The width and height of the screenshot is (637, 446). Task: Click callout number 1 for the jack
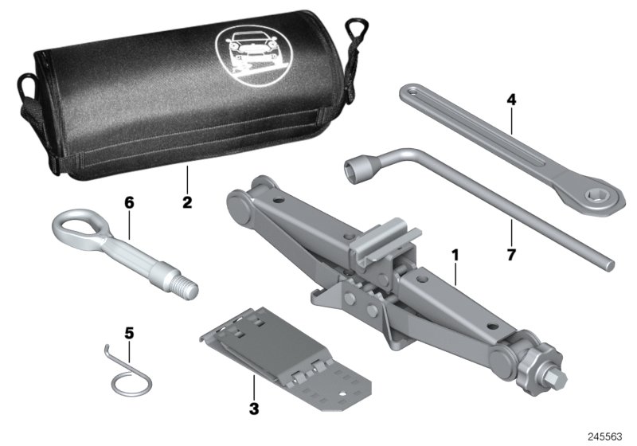pyautogui.click(x=455, y=257)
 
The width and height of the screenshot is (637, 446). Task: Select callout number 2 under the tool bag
pyautogui.click(x=186, y=202)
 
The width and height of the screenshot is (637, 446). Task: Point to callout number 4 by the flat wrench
pyautogui.click(x=511, y=101)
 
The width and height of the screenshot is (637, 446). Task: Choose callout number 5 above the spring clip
pyautogui.click(x=128, y=331)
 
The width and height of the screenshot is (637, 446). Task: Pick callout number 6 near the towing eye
pyautogui.click(x=128, y=202)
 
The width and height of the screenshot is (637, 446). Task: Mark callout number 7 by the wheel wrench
pyautogui.click(x=510, y=256)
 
